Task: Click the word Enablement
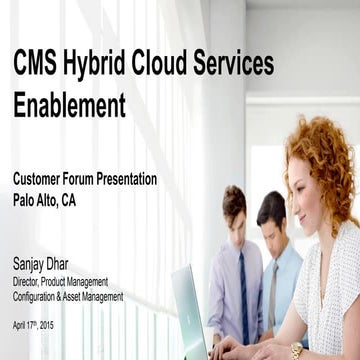pyautogui.click(x=69, y=104)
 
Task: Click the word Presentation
pyautogui.click(x=133, y=179)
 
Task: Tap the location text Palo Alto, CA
pyautogui.click(x=44, y=200)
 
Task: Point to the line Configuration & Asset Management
pyautogui.click(x=68, y=296)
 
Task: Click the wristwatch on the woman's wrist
pyautogui.click(x=296, y=350)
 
